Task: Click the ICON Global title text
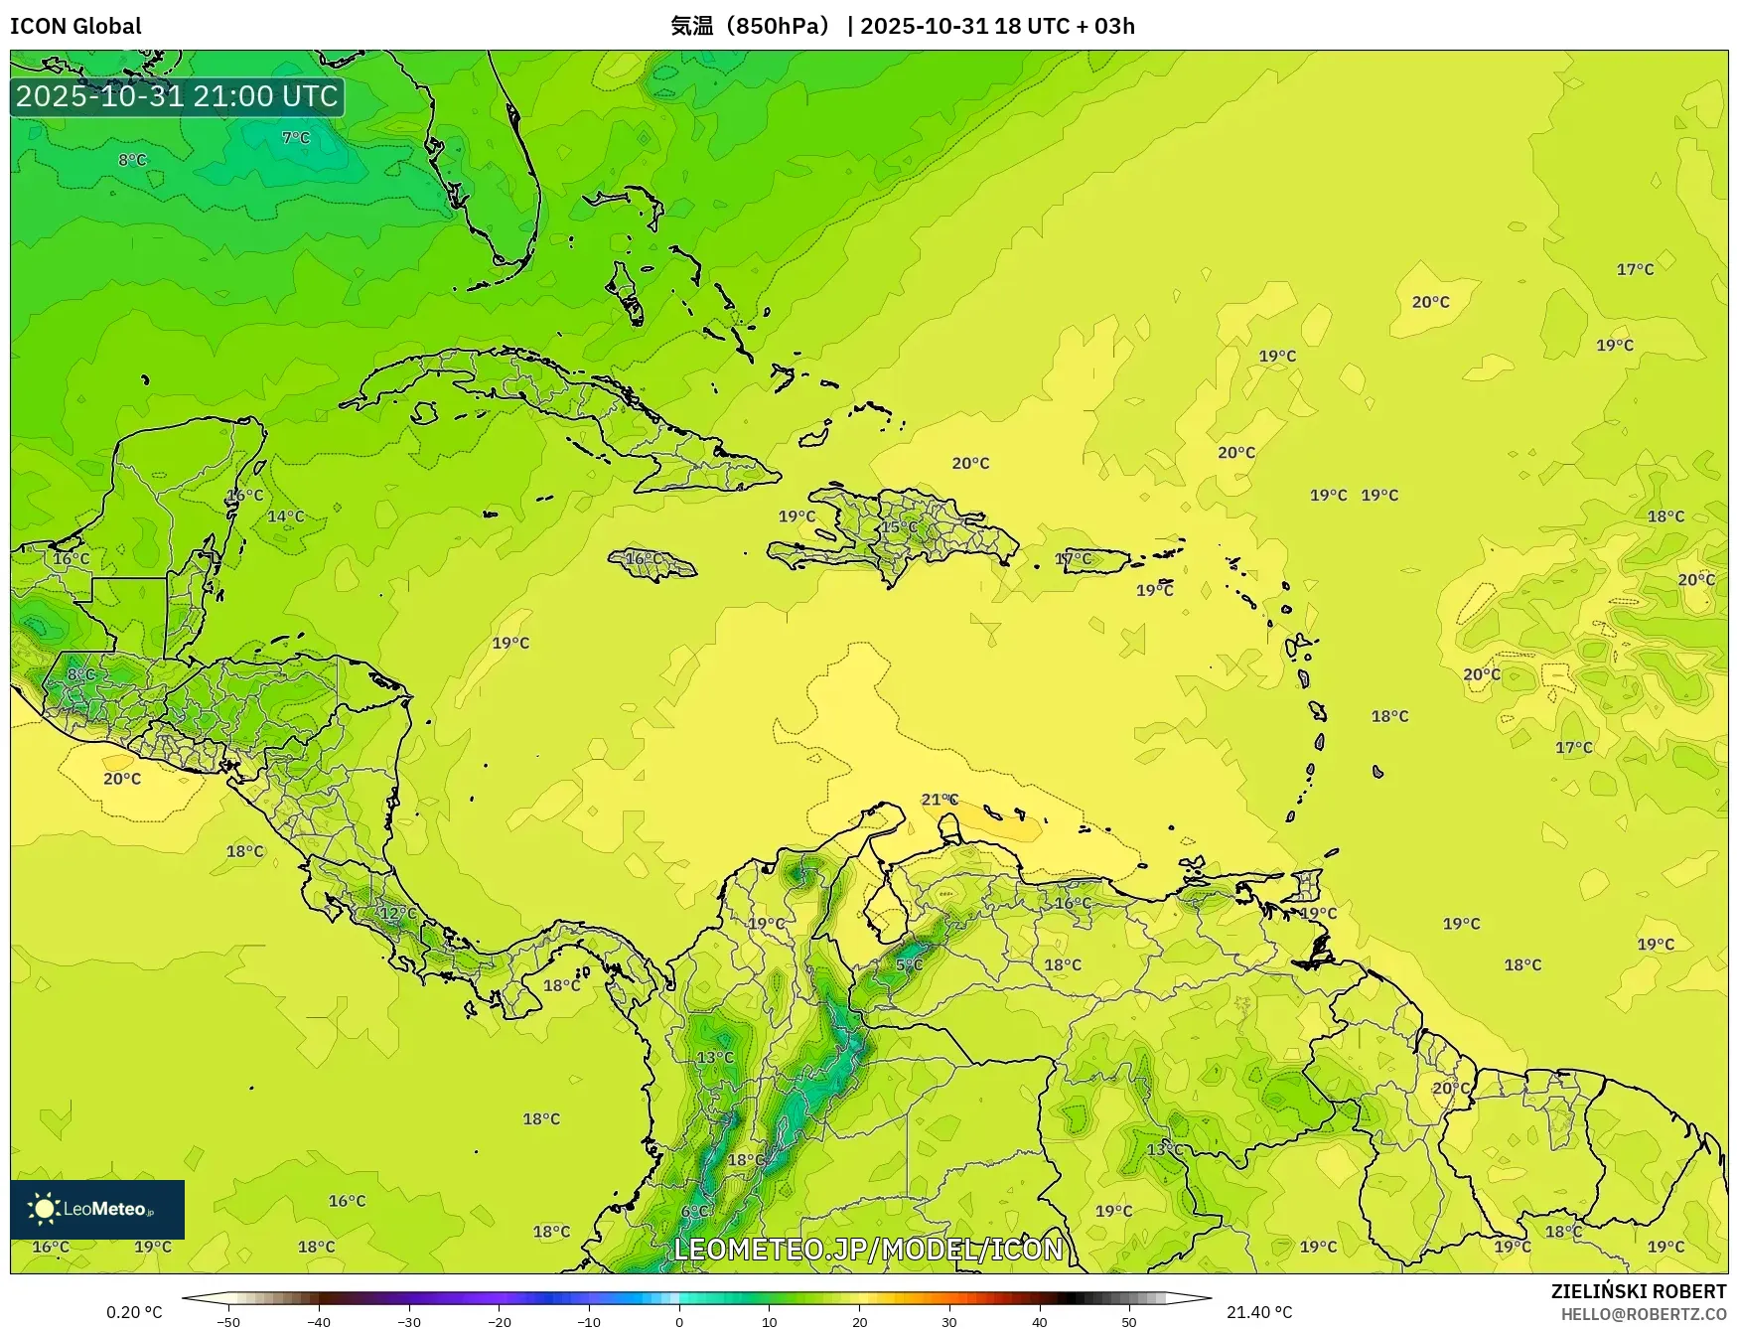tap(75, 26)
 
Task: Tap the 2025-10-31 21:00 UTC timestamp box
tap(177, 96)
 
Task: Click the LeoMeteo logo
tap(97, 1209)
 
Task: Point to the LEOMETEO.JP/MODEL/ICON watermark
tap(868, 1249)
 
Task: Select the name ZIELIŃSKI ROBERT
tap(1638, 1291)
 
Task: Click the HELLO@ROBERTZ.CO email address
tap(1643, 1314)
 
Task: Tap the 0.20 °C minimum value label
tap(134, 1312)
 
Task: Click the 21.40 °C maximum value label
tap(1259, 1312)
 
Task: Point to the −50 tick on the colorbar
tap(228, 1322)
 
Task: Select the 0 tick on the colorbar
tap(679, 1322)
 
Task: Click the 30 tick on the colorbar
tap(949, 1322)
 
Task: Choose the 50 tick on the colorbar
tap(1129, 1322)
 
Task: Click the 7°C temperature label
tap(296, 138)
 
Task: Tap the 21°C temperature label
tap(940, 800)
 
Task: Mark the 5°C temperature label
tap(909, 964)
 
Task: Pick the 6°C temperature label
tap(695, 1211)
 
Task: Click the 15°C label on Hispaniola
tap(900, 527)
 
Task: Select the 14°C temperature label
tap(286, 517)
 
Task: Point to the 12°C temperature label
tap(398, 913)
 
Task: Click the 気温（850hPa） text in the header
tap(751, 26)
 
